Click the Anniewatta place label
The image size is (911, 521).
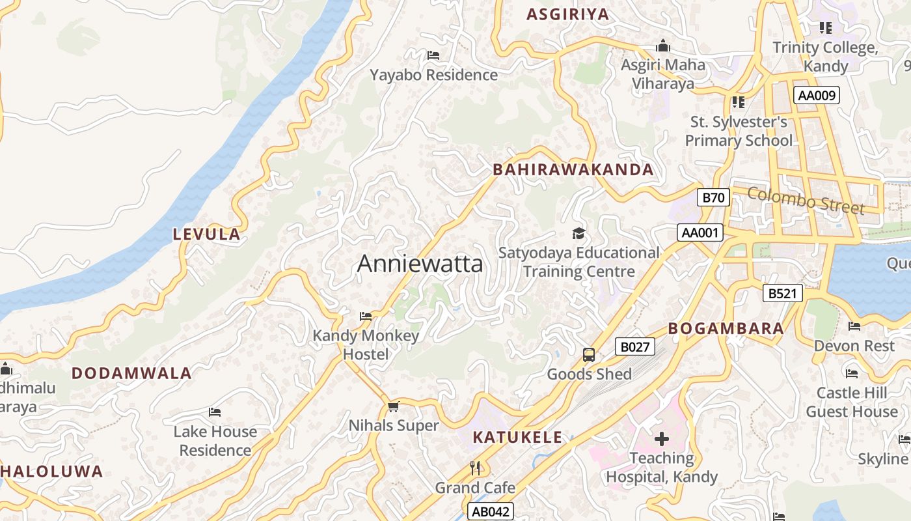[x=420, y=264]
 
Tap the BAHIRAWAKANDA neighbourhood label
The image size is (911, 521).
[x=573, y=170]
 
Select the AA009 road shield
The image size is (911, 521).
[x=817, y=95]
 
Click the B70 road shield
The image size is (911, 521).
[x=713, y=197]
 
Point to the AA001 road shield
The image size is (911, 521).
[x=700, y=232]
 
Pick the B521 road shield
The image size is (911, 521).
[x=782, y=293]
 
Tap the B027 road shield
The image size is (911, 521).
[x=634, y=346]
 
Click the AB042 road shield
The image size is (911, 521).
[x=491, y=511]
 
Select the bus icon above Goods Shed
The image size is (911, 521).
[x=588, y=355]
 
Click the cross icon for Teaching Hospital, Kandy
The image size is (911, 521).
[x=661, y=439]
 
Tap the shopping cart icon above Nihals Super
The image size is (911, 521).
[x=392, y=407]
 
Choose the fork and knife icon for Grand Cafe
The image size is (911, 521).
[x=475, y=468]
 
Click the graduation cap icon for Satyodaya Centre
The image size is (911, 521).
[x=578, y=233]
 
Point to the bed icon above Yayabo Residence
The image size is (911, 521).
[x=433, y=55]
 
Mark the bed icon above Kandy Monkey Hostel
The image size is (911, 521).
[x=366, y=317]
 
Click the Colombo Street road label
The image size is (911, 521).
[x=806, y=201]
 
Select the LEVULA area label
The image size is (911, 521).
[x=206, y=234]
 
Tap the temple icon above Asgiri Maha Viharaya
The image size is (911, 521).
[x=663, y=46]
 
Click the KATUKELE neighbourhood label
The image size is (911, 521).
[x=516, y=437]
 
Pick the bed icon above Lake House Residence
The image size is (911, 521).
[x=215, y=412]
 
